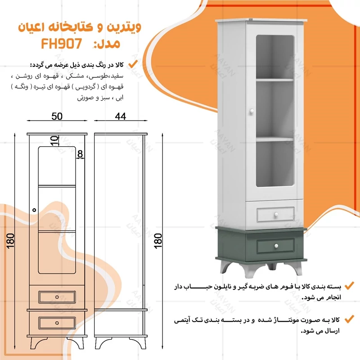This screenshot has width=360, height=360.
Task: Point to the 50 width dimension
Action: [x=57, y=116]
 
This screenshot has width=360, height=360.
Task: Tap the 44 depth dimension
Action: [x=120, y=116]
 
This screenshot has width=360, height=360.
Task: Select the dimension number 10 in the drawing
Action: [x=54, y=140]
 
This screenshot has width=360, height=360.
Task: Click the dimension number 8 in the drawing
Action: [x=80, y=154]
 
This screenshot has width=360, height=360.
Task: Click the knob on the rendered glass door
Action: [x=252, y=111]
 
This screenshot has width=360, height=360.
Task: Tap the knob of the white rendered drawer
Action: [x=275, y=215]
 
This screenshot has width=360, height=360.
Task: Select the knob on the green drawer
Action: [x=275, y=245]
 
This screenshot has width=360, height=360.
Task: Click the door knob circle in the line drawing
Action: [x=34, y=209]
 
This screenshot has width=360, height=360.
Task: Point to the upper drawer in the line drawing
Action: [x=57, y=297]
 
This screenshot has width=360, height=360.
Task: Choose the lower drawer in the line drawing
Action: [x=57, y=322]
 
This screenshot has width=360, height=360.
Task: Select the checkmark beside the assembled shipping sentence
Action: [x=348, y=319]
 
